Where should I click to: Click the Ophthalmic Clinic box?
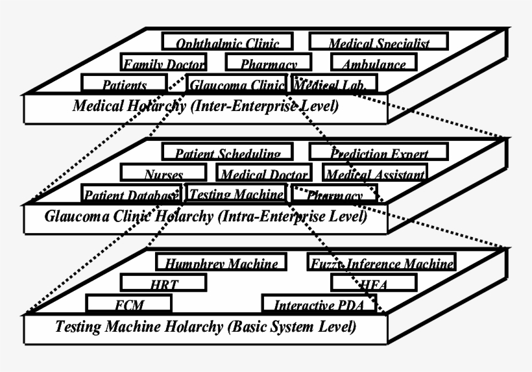pos(228,43)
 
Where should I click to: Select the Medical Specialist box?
pos(378,43)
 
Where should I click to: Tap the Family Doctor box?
pos(163,64)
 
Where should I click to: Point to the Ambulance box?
pos(373,64)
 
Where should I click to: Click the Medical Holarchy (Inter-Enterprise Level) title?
pos(206,106)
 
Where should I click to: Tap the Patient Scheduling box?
pos(228,153)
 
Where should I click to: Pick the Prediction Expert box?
pos(378,153)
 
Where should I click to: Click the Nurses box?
pos(163,174)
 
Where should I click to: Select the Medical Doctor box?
pos(263,174)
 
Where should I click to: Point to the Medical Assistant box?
pos(375,174)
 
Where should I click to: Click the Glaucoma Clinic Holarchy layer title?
pos(206,216)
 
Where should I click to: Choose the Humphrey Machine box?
pos(221,263)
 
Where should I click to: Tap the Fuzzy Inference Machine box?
pos(381,263)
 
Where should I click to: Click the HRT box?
pos(163,284)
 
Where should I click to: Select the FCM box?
pos(129,304)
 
